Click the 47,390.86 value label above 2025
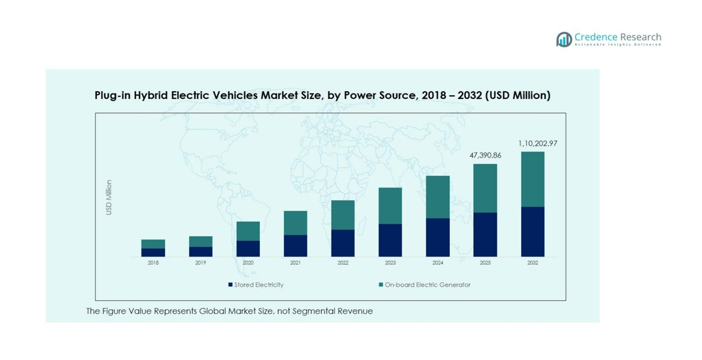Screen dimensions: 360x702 coord(485,155)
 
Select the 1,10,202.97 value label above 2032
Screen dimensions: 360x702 coord(537,143)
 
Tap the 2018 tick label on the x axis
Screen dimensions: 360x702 coord(153,263)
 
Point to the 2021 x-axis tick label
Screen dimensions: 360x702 coord(295,263)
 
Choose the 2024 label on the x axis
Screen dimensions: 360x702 coord(437,263)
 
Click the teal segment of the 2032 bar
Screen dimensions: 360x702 coord(532,179)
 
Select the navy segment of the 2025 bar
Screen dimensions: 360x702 coord(485,234)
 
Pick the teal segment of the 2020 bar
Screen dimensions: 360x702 coord(248,231)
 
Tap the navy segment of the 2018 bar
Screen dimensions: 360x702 coord(153,252)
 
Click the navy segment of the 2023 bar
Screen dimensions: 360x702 coord(390,240)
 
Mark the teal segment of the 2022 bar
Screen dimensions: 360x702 coord(343,214)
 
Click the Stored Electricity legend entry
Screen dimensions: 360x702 coord(256,285)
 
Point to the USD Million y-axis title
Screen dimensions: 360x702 coord(109,197)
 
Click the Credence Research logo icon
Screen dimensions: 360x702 coord(564,40)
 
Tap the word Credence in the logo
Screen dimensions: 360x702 coord(595,37)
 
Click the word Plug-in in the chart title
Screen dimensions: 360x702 coord(111,95)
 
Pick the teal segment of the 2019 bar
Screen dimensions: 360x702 coord(201,241)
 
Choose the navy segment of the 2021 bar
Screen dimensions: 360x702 coord(295,246)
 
